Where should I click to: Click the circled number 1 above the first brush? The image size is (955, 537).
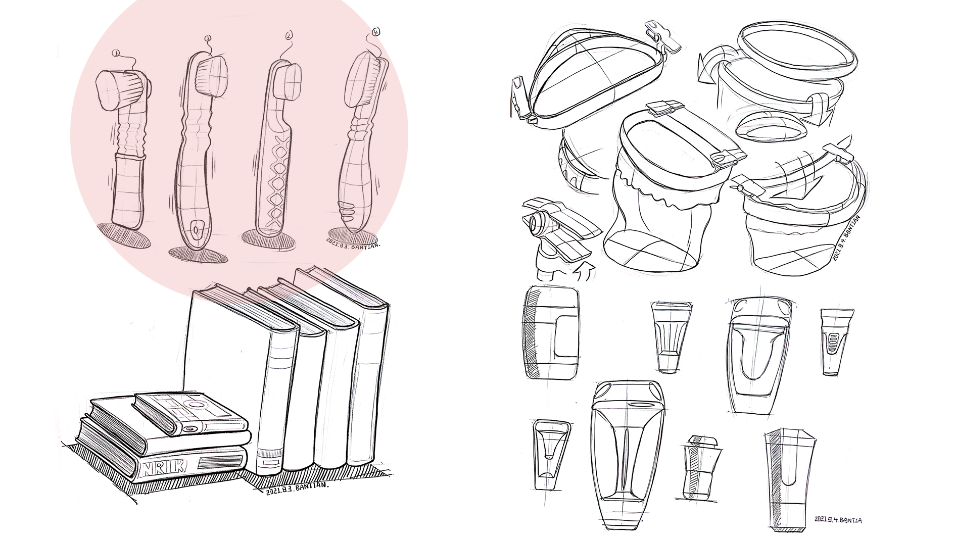[x=117, y=53]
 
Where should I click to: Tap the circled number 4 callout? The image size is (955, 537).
[x=375, y=32]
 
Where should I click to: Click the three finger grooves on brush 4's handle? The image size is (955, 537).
[x=348, y=209]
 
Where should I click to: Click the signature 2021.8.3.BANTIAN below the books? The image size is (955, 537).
[x=297, y=488]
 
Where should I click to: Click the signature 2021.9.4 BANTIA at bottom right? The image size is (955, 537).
[x=838, y=519]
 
